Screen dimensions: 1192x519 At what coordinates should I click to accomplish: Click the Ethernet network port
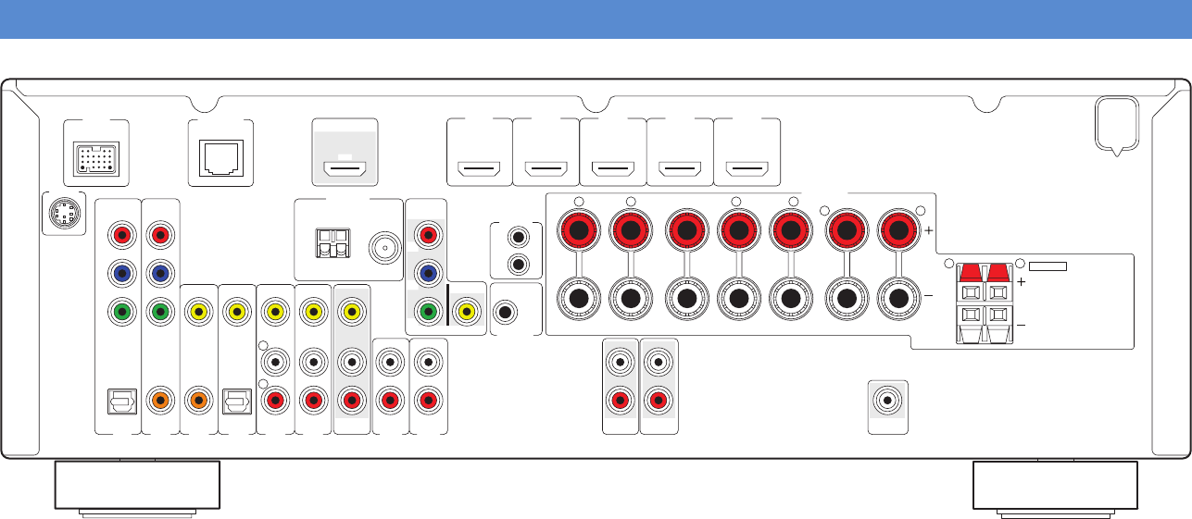(220, 154)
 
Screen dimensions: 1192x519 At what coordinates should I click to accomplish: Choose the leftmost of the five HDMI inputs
(480, 169)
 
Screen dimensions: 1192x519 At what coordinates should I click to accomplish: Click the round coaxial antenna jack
(382, 247)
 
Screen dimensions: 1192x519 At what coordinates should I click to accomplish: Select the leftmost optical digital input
(119, 402)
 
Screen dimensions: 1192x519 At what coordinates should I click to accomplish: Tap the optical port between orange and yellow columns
(237, 402)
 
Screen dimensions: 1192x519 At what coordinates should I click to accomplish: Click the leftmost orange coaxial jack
(160, 402)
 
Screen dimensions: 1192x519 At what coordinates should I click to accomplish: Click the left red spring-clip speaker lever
(969, 272)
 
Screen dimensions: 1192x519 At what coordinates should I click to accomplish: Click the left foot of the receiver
(137, 486)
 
